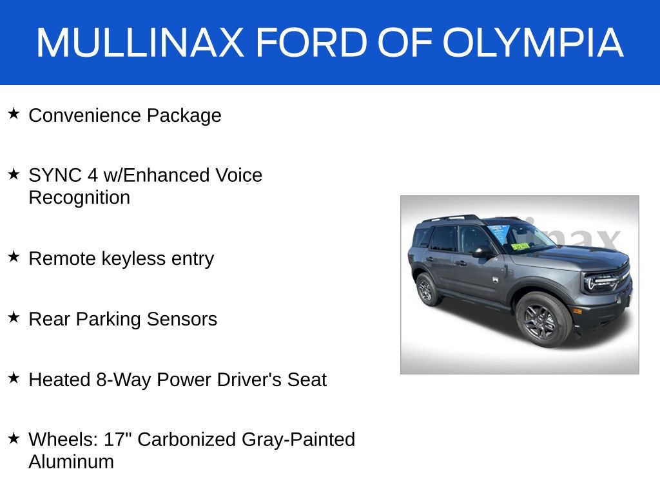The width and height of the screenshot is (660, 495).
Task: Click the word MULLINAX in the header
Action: click(x=140, y=42)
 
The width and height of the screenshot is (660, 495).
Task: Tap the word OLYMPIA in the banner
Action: click(x=533, y=42)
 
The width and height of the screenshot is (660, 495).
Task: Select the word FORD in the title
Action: click(x=312, y=42)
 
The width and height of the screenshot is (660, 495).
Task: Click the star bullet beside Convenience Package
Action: click(x=14, y=113)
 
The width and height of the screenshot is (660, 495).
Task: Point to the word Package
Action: click(x=184, y=116)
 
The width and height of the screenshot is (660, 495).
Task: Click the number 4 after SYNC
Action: click(x=93, y=175)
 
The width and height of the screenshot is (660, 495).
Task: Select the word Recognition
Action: click(x=79, y=198)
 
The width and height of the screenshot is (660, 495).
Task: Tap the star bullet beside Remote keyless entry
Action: click(x=14, y=257)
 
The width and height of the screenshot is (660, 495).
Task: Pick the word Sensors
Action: click(x=182, y=319)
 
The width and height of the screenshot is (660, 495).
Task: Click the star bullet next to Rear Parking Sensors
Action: click(x=14, y=317)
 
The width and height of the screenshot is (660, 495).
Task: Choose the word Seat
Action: click(x=307, y=380)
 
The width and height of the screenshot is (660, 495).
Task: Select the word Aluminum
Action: click(x=71, y=461)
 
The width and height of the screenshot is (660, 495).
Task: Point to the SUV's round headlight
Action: click(x=592, y=284)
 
